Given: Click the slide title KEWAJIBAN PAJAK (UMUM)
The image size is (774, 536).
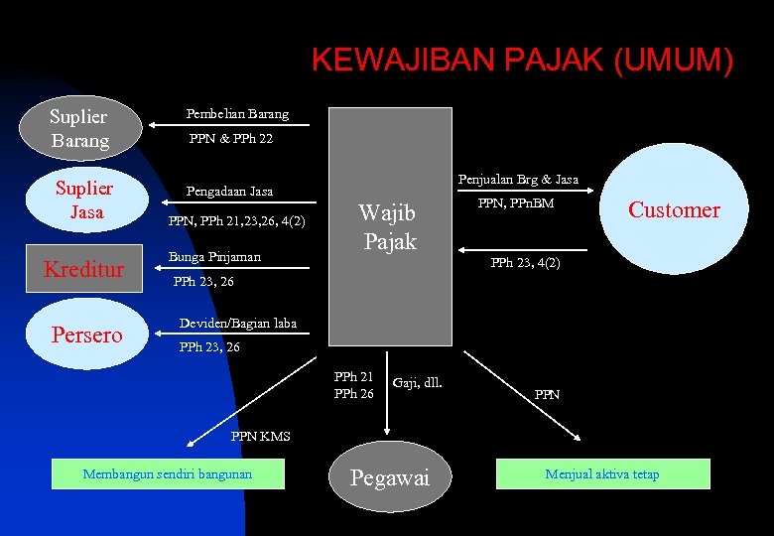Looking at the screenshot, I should pyautogui.click(x=523, y=61).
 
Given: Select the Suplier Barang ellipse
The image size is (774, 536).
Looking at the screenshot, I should pyautogui.click(x=79, y=129).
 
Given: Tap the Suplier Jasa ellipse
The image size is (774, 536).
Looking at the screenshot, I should pyautogui.click(x=84, y=200).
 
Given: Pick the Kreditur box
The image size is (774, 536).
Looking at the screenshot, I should pyautogui.click(x=84, y=269).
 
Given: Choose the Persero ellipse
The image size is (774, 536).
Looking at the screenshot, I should pyautogui.click(x=86, y=335).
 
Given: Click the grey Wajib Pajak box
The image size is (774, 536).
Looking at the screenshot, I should pyautogui.click(x=390, y=227).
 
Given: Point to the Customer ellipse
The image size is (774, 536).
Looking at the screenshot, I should pyautogui.click(x=674, y=209).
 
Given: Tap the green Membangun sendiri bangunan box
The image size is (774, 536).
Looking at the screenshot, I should pyautogui.click(x=168, y=473).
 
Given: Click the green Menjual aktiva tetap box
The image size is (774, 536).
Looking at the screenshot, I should pyautogui.click(x=602, y=473).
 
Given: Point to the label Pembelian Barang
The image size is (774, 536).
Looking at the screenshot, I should pyautogui.click(x=238, y=114).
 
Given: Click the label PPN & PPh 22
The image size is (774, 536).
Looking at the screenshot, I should pyautogui.click(x=231, y=139).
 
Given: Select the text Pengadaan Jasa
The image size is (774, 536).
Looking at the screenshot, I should pyautogui.click(x=230, y=191).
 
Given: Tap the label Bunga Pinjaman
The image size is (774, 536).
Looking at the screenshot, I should pyautogui.click(x=214, y=257).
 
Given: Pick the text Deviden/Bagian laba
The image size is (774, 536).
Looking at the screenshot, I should pyautogui.click(x=237, y=324).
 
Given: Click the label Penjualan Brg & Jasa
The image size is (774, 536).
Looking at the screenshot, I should pyautogui.click(x=518, y=180).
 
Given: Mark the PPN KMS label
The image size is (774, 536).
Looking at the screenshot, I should pyautogui.click(x=260, y=436).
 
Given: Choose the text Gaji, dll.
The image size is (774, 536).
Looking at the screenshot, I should pyautogui.click(x=418, y=382).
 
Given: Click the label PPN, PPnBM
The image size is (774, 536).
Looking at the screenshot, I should pyautogui.click(x=516, y=203).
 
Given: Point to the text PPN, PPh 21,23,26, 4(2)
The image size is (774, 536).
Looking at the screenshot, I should pyautogui.click(x=237, y=220).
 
